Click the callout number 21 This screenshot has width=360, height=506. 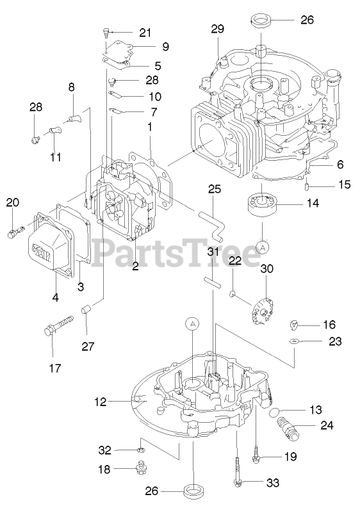(x=145, y=33)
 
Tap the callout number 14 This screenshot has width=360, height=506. (x=313, y=203)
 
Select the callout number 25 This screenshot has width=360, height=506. (x=215, y=189)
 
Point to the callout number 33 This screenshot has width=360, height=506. (x=273, y=483)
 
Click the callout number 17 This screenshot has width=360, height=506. (x=54, y=368)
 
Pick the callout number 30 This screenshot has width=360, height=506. (x=266, y=268)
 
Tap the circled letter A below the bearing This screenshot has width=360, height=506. (x=263, y=247)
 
